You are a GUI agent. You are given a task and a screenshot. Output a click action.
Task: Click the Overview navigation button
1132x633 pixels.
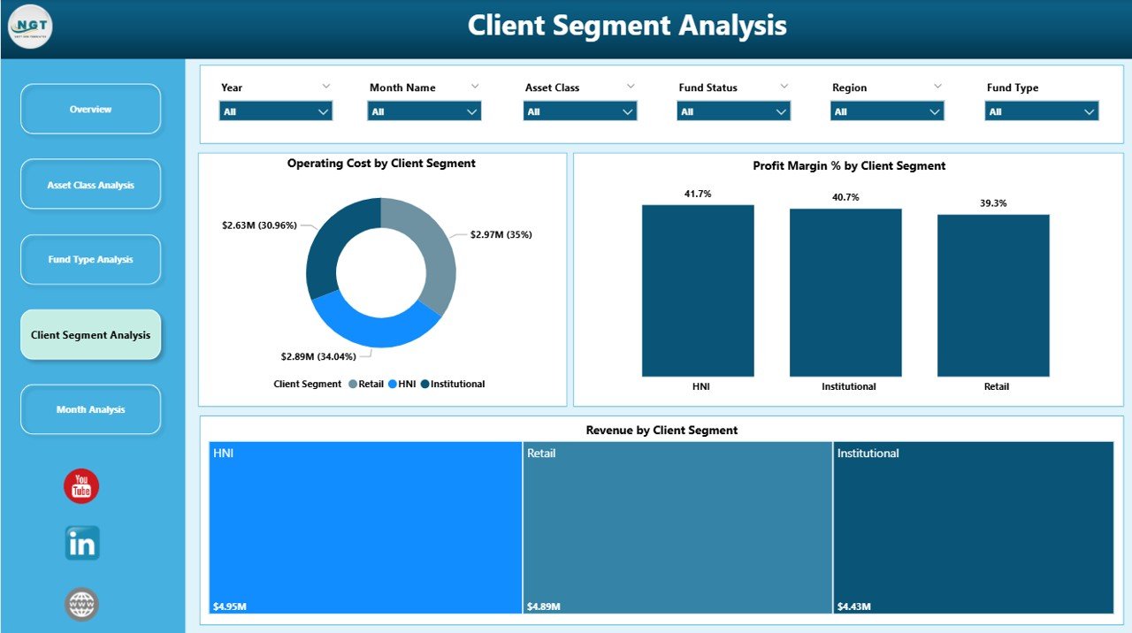[x=90, y=110]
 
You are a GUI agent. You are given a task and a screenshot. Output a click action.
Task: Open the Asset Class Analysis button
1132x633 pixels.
[x=90, y=185]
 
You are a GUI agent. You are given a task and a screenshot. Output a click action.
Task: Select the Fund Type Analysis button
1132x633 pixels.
[x=90, y=260]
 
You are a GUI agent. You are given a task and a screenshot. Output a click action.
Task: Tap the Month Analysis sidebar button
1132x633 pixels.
[x=90, y=409]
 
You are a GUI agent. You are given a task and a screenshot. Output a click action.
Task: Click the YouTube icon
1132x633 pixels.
[x=81, y=486]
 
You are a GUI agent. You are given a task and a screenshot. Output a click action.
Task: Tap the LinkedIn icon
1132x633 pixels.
[x=82, y=544]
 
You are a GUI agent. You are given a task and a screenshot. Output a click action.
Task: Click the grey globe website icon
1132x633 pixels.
[x=81, y=605]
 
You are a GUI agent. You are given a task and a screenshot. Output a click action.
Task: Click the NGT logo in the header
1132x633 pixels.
[x=30, y=27]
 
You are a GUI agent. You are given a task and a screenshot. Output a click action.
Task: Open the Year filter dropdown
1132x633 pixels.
[x=275, y=111]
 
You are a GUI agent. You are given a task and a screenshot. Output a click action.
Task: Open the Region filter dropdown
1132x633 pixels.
[x=886, y=111]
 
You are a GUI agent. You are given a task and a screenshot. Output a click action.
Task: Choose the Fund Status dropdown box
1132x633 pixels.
[x=733, y=111]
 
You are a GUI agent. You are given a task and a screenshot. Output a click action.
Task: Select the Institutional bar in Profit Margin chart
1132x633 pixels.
[x=845, y=293]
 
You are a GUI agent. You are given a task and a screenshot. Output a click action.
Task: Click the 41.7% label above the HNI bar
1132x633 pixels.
[x=697, y=194]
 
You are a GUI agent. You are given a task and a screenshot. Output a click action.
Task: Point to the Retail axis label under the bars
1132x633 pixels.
[x=995, y=386]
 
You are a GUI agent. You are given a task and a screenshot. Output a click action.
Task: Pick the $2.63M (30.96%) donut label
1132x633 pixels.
[x=259, y=225]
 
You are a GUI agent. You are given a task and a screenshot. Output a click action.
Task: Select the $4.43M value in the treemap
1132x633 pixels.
[x=853, y=606]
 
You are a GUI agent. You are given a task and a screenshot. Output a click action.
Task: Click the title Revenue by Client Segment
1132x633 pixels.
[x=662, y=431]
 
